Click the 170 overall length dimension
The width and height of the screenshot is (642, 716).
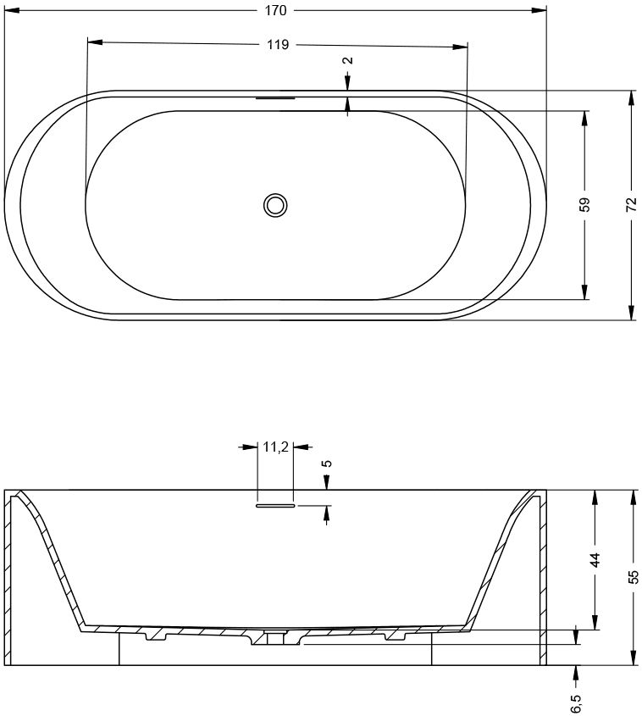pyautogui.click(x=275, y=10)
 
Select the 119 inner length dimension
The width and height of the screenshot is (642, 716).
pyautogui.click(x=278, y=44)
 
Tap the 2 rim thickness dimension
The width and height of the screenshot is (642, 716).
pyautogui.click(x=349, y=60)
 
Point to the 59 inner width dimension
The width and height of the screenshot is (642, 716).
pyautogui.click(x=585, y=204)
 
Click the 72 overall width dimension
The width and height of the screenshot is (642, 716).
pyautogui.click(x=631, y=204)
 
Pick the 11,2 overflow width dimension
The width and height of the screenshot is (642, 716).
pyautogui.click(x=275, y=447)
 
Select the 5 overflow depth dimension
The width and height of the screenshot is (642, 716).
pyautogui.click(x=327, y=463)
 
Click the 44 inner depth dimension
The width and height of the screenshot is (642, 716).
pyautogui.click(x=595, y=560)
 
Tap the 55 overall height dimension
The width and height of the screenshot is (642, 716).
pyautogui.click(x=633, y=577)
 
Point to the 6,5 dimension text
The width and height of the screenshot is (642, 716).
pyautogui.click(x=575, y=703)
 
